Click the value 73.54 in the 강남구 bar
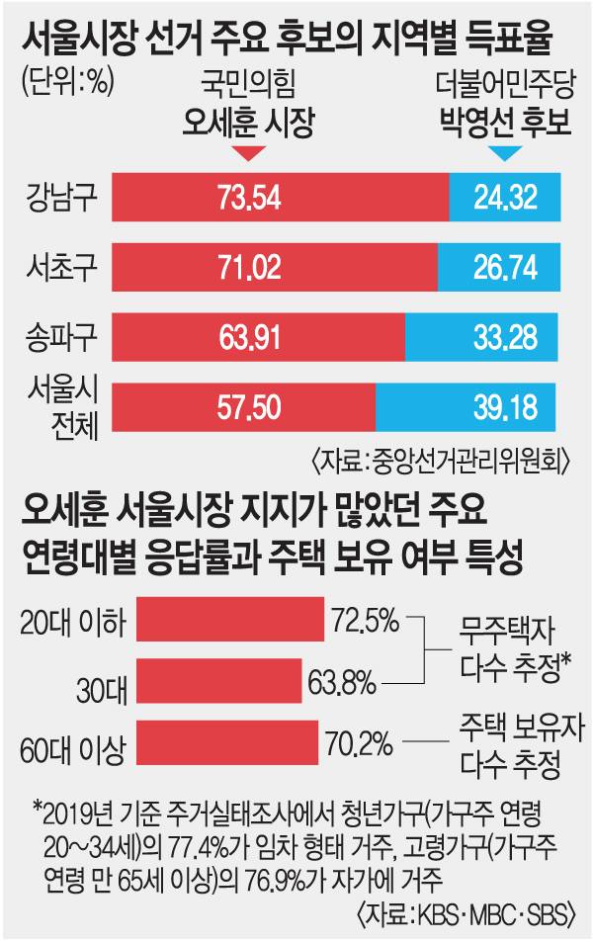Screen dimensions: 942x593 [250, 197]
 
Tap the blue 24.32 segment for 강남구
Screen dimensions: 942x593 [504, 197]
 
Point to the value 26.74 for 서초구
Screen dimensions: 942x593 [498, 267]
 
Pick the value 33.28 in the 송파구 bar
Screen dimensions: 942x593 [480, 337]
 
